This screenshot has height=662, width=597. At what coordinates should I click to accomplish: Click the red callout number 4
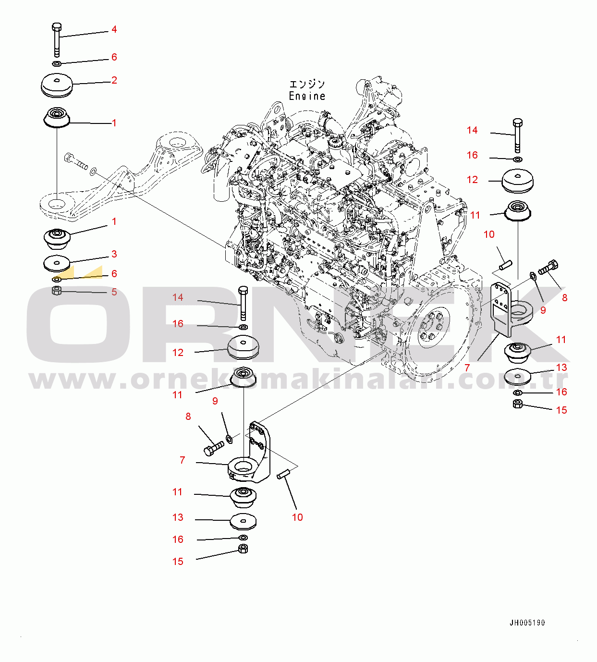[x=114, y=30]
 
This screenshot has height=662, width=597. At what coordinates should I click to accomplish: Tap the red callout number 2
[x=114, y=80]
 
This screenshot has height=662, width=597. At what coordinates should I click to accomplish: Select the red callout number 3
[x=114, y=254]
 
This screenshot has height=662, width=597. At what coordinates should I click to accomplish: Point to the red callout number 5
[x=114, y=292]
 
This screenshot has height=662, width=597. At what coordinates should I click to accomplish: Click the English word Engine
[x=307, y=96]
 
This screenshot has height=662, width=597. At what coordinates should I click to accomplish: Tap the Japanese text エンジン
[x=307, y=85]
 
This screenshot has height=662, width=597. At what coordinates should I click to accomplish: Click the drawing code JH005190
[x=527, y=623]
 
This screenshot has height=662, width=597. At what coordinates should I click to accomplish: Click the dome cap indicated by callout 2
[x=57, y=85]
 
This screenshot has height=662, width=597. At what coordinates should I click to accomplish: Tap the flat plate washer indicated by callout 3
[x=57, y=262]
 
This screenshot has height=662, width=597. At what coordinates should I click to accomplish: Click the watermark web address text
[x=298, y=380]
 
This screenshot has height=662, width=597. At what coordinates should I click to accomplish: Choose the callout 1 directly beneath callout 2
[x=114, y=123]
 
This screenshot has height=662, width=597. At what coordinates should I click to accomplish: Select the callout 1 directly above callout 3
[x=114, y=222]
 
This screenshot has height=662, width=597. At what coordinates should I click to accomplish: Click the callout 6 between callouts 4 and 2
[x=114, y=57]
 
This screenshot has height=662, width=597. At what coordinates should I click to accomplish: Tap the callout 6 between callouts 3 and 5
[x=114, y=274]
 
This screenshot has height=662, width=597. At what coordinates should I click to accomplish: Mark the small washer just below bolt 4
[x=57, y=63]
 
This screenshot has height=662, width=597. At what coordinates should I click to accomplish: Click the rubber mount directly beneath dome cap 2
[x=57, y=117]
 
